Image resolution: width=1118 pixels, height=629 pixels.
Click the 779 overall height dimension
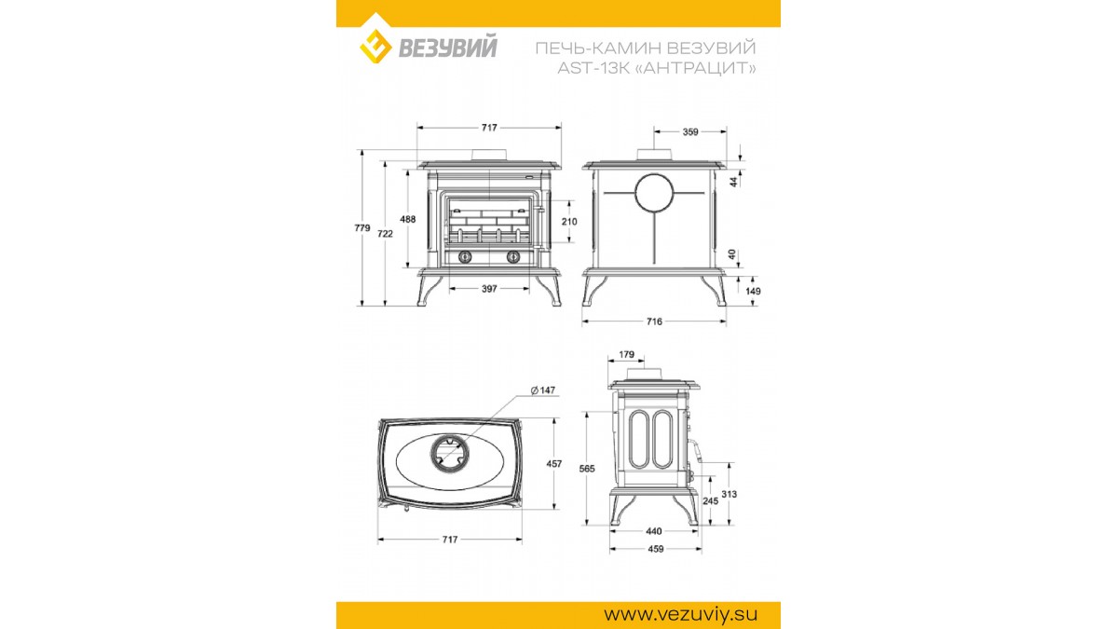point(362,227)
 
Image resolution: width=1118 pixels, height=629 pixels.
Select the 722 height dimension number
point(385,233)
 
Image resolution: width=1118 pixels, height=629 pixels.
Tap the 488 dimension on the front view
point(408,219)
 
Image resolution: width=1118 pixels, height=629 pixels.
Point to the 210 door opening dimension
point(569,221)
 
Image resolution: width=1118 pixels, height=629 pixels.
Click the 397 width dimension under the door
point(489,289)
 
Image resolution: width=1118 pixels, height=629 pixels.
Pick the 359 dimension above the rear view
point(690,131)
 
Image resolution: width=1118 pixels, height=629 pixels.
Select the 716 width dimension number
point(654,321)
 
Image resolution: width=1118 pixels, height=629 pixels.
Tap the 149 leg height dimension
point(753,291)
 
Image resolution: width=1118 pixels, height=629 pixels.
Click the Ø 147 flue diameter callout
point(542,390)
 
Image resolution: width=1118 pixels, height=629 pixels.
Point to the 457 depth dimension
point(554,463)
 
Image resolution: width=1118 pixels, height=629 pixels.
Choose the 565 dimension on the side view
point(587,468)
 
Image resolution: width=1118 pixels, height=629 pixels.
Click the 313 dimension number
point(729,494)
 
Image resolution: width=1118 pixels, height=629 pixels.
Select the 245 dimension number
point(710,500)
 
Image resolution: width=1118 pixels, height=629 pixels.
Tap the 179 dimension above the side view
point(626,354)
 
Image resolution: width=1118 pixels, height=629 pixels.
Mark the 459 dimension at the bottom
point(655,549)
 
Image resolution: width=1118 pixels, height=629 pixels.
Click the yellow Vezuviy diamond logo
point(375,46)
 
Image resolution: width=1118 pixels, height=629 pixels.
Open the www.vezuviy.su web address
point(680,613)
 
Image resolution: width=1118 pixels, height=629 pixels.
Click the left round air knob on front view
point(465,256)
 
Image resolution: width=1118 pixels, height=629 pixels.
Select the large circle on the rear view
point(654,193)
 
